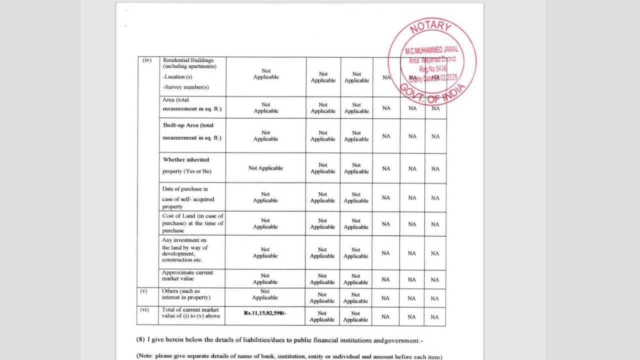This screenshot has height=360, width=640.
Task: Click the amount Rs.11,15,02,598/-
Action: tap(265, 312)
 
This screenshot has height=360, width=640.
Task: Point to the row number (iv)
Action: tap(147, 60)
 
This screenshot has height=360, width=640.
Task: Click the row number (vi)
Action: tap(145, 310)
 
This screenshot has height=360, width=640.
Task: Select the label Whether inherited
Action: tap(186, 160)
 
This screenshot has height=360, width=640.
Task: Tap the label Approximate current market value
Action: tap(187, 275)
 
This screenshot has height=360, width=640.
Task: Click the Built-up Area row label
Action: tap(188, 125)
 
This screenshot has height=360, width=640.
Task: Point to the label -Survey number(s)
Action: tap(178, 87)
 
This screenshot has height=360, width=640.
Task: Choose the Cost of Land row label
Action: tap(192, 223)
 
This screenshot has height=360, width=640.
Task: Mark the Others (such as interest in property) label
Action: tap(185, 294)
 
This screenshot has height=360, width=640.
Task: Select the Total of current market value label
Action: tap(190, 312)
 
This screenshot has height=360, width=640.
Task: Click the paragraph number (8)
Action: tap(141, 340)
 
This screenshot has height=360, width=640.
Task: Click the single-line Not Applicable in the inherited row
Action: tap(265, 168)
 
